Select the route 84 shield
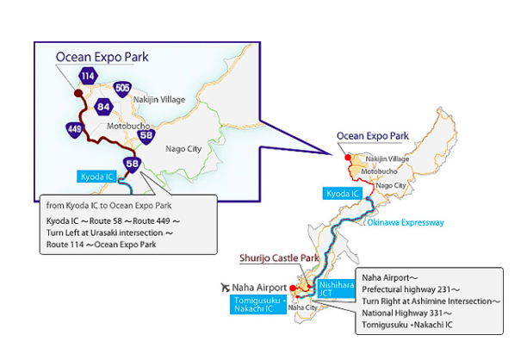click(104, 107)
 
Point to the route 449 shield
click(74, 130)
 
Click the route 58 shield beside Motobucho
click(146, 135)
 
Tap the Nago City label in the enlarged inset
click(183, 148)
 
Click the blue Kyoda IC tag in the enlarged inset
click(96, 177)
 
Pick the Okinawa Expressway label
click(406, 223)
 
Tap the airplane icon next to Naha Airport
click(226, 287)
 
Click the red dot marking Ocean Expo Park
click(346, 158)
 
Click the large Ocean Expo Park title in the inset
click(102, 58)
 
